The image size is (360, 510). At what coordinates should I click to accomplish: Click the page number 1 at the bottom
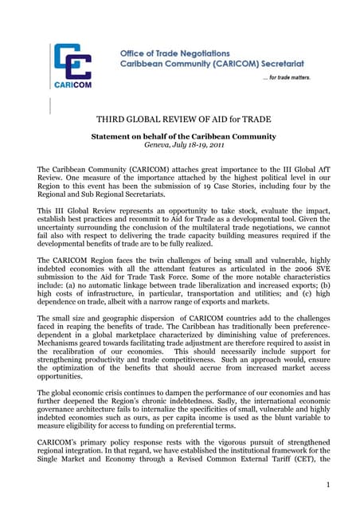[327, 482]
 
